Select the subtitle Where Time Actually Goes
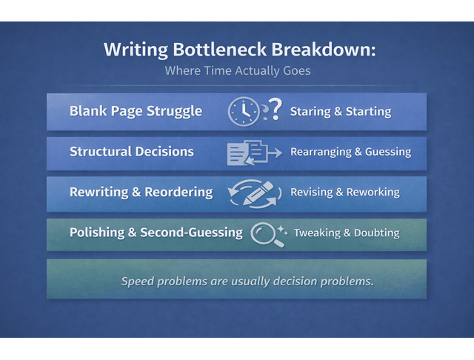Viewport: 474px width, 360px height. (236, 72)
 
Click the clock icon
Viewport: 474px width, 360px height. (243, 112)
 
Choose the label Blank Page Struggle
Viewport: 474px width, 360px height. (136, 111)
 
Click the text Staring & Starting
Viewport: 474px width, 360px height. (341, 112)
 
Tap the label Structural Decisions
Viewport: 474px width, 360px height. (132, 152)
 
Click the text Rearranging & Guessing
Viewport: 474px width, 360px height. (350, 152)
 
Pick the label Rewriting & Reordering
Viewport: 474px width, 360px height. (141, 192)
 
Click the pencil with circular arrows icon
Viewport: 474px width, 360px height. (255, 193)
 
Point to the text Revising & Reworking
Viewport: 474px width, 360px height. (344, 192)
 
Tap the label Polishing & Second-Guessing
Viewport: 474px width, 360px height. (156, 232)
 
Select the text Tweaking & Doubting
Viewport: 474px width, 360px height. (347, 233)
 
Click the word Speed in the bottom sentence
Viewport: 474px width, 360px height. (138, 281)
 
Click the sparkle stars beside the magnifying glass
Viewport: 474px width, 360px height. (282, 228)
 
